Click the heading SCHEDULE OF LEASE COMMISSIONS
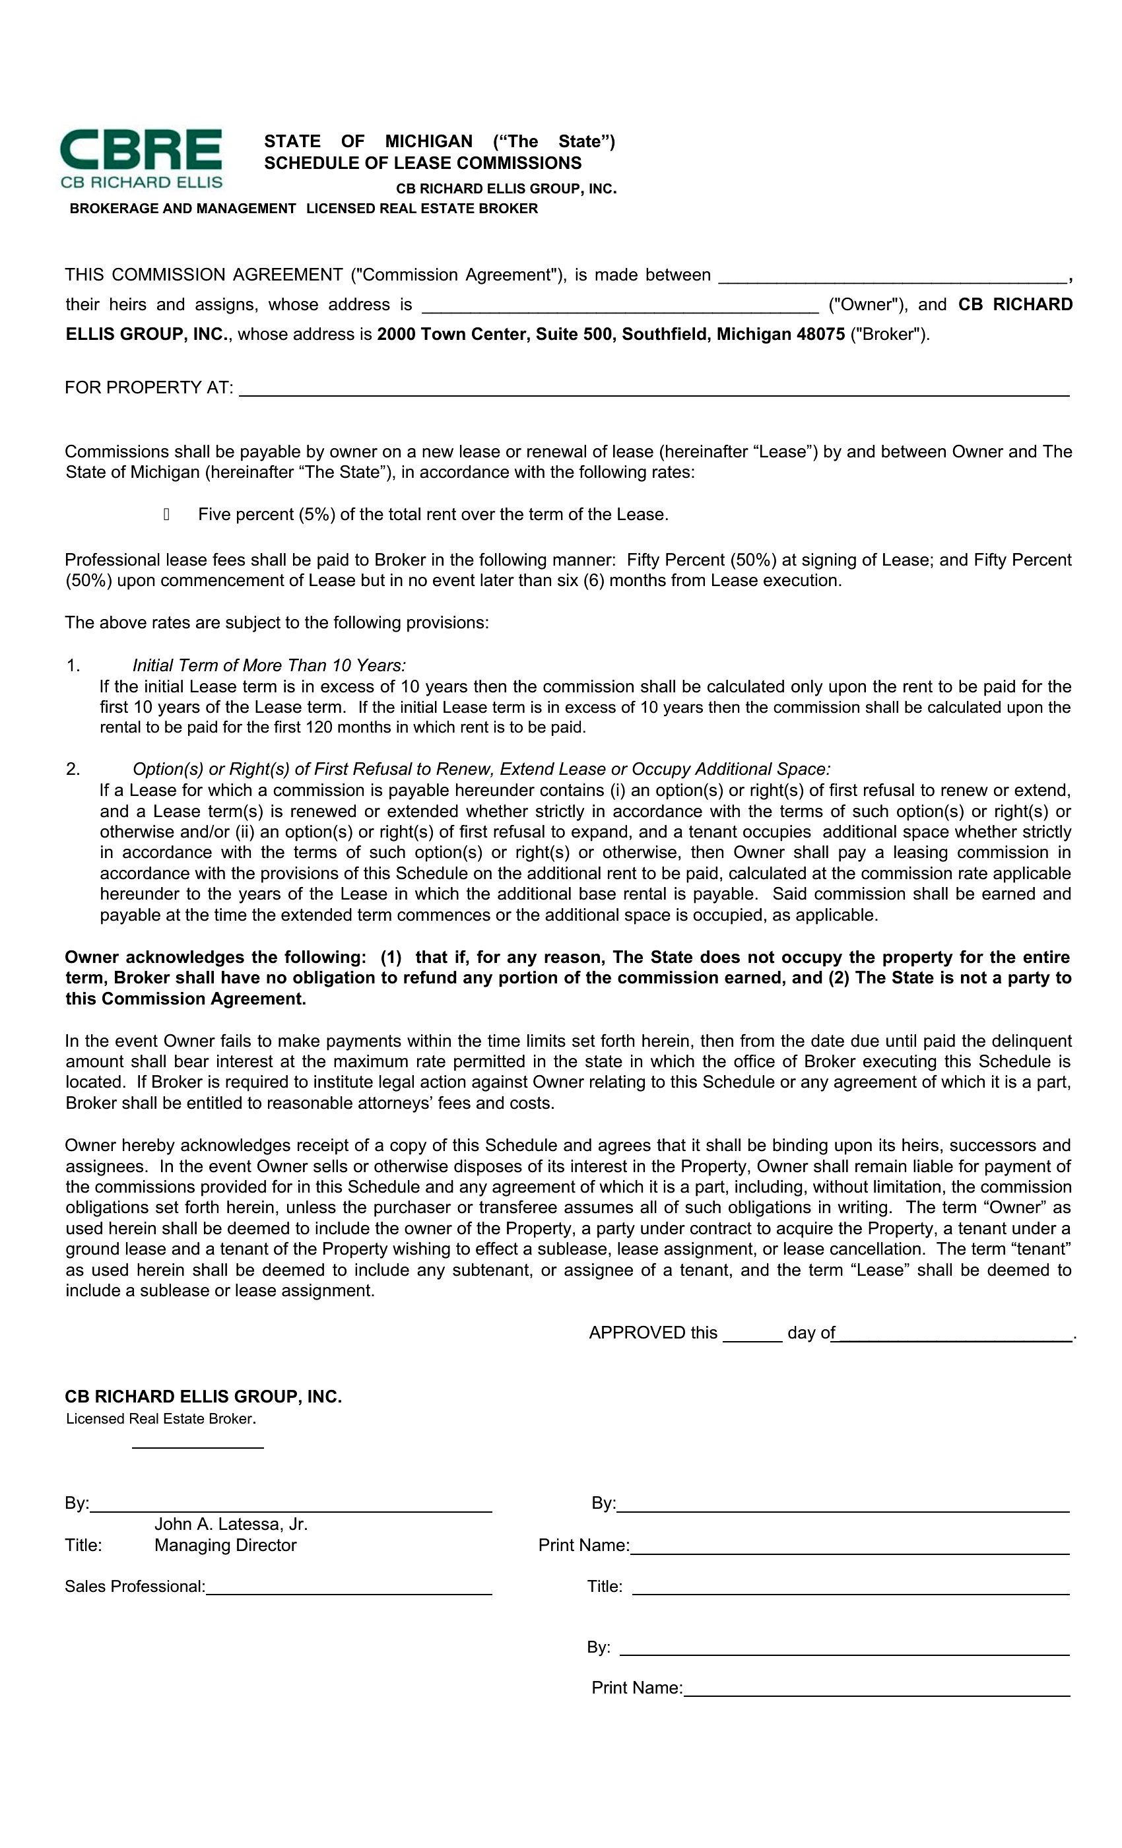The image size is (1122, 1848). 422,164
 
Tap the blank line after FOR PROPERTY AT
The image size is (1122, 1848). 653,389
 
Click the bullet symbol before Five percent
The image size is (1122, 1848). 166,515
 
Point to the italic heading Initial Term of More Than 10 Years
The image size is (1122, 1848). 269,665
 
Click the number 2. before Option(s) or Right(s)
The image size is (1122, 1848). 73,769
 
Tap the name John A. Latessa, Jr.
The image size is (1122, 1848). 231,1524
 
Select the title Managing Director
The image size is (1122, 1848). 225,1545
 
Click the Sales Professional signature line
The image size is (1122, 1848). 348,1587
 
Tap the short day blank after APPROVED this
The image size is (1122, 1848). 752,1335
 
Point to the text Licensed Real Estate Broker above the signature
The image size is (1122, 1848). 160,1419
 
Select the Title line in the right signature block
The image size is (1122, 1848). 850,1588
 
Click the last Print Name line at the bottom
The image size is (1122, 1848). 876,1689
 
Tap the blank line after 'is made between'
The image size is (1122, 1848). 892,277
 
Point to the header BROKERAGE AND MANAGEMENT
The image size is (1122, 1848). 182,209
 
